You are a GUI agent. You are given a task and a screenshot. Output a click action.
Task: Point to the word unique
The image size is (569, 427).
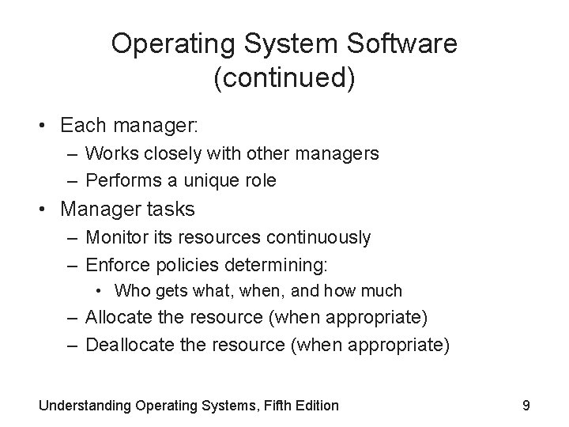(x=209, y=180)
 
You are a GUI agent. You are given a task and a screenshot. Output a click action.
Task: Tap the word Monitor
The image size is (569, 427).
(x=115, y=236)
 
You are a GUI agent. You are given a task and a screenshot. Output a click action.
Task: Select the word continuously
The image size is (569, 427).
(x=317, y=236)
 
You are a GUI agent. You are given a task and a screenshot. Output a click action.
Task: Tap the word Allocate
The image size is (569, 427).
(x=119, y=318)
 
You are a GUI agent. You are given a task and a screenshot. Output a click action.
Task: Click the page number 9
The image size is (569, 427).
(x=526, y=406)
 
